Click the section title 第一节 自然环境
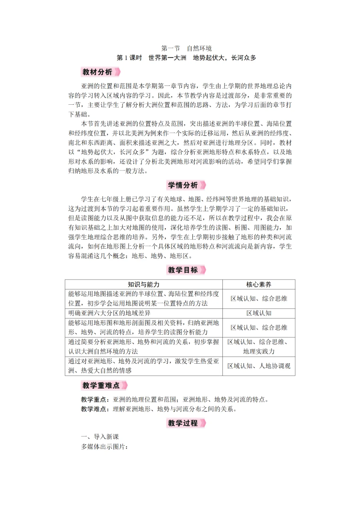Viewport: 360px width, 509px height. point(186,48)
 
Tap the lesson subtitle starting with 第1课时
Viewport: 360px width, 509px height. point(186,58)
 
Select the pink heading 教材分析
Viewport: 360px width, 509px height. point(97,72)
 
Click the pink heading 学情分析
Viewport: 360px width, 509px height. point(183,185)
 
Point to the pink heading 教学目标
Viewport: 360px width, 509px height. point(183,270)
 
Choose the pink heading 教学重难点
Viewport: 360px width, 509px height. point(101,385)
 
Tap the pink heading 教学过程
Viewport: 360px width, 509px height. point(183,423)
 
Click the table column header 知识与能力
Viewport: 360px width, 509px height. point(144,284)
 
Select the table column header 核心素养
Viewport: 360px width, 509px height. point(259,284)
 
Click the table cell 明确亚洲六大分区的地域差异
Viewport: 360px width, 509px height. point(110,313)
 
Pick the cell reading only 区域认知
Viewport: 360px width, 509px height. point(259,313)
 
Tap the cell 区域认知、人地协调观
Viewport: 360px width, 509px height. point(259,366)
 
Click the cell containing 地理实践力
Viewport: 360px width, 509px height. point(259,347)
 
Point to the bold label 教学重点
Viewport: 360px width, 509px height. point(93,399)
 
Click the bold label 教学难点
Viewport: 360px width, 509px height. point(93,409)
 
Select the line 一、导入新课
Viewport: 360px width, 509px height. point(100,437)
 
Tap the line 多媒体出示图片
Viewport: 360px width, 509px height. point(104,447)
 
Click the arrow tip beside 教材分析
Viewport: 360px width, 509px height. point(118,72)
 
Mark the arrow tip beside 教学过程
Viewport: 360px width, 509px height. point(203,423)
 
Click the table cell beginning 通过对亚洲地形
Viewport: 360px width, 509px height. point(144,366)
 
